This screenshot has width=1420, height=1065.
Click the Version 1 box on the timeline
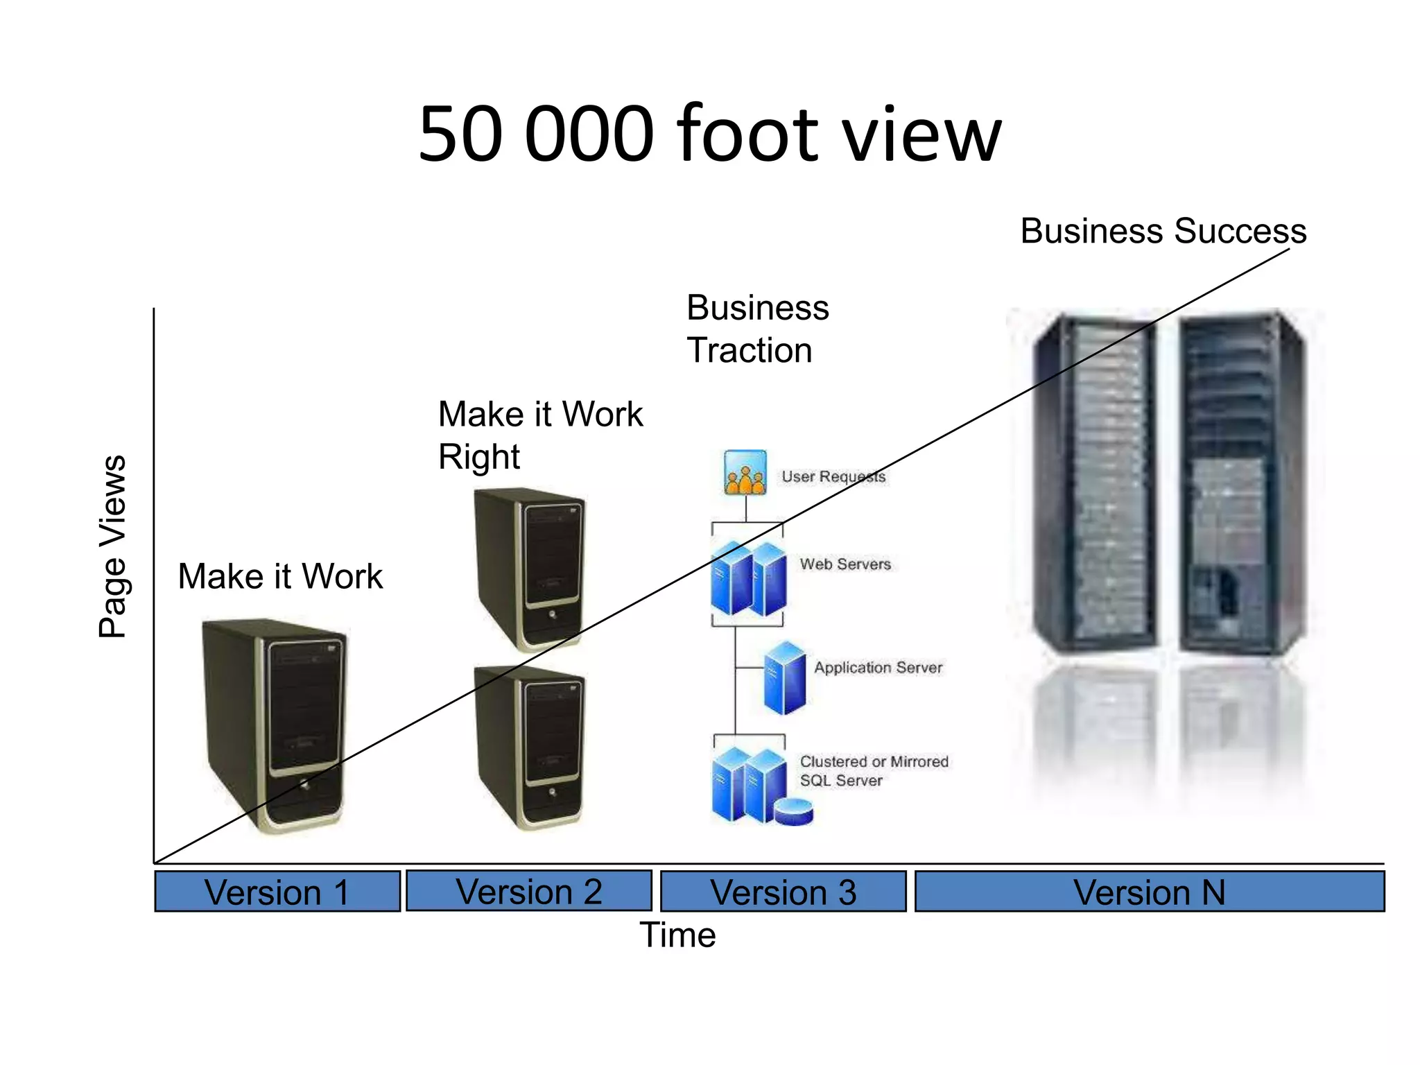277,892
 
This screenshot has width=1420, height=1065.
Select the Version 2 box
528,891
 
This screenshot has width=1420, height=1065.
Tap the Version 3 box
783,892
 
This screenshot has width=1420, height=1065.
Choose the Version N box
1149,892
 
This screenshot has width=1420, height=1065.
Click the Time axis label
677,935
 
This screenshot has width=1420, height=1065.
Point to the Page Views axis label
113,546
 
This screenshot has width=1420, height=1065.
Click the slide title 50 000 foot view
709,133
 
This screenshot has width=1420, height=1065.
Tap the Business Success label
1163,231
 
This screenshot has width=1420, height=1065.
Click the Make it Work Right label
539,435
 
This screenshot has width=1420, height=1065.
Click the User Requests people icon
745,473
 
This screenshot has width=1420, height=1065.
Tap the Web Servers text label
845,564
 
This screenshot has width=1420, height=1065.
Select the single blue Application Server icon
785,678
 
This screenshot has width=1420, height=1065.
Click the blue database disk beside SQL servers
794,811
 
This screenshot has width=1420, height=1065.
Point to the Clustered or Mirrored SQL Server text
873,770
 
